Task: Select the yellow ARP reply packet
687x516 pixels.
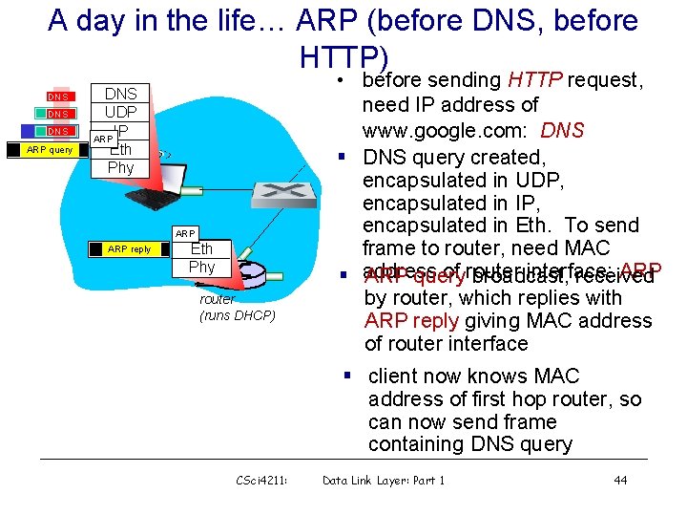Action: point(129,248)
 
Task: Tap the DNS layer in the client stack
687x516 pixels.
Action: point(120,94)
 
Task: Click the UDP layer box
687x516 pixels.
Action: point(120,112)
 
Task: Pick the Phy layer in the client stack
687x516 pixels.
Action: point(120,167)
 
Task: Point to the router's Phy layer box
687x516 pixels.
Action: point(201,267)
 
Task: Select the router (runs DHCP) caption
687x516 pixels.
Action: point(237,307)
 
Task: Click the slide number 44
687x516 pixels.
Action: point(620,480)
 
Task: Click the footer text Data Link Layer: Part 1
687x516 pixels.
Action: point(384,480)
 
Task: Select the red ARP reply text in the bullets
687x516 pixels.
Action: point(413,320)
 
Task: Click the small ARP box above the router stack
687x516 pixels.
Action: point(185,233)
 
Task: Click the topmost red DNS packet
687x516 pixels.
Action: point(58,96)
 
